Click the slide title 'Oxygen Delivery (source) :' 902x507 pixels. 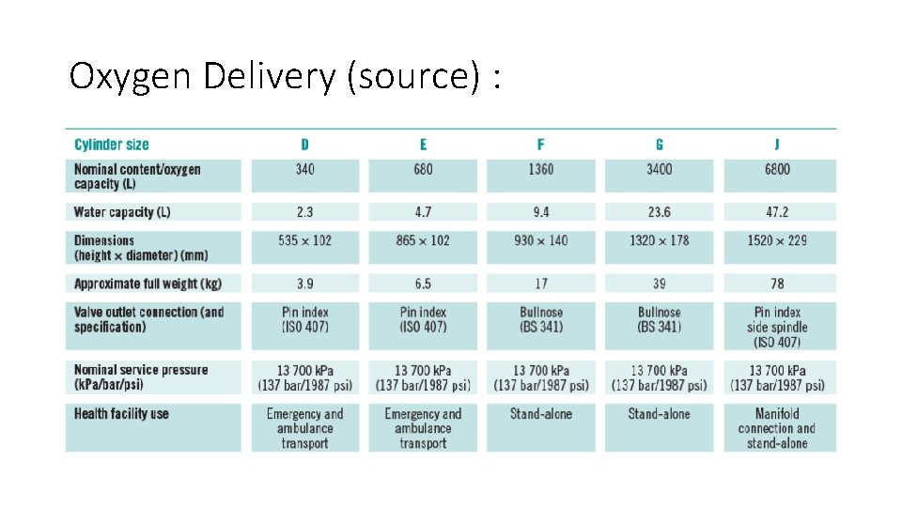tap(284, 76)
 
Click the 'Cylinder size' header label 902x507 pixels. tap(111, 145)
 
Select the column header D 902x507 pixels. tap(304, 145)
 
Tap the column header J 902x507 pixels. tap(777, 145)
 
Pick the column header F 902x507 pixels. tap(540, 145)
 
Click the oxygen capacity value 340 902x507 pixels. tap(304, 170)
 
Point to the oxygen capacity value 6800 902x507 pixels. tap(777, 170)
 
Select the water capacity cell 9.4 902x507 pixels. tap(540, 212)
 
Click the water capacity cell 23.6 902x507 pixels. tap(659, 212)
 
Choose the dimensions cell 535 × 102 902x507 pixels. tap(304, 240)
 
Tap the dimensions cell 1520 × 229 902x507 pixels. tap(777, 240)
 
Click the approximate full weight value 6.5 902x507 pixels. tap(423, 284)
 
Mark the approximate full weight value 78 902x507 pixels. tap(777, 284)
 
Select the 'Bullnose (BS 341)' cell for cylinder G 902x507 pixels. tap(659, 319)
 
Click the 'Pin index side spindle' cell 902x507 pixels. tap(777, 327)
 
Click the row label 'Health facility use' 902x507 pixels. tap(121, 414)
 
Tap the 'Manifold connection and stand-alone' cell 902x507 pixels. tap(777, 428)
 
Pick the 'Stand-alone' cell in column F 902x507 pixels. tap(540, 414)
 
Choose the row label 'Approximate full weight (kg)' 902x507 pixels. tap(148, 284)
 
